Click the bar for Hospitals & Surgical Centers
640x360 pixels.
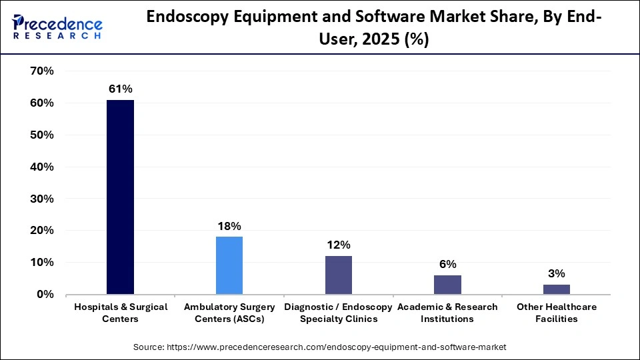point(120,197)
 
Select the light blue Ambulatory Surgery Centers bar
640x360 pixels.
point(229,265)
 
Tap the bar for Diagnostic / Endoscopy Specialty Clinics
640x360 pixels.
point(339,275)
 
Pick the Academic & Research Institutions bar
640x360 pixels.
point(447,285)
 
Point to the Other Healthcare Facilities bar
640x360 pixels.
point(557,289)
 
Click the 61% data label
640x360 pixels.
point(120,89)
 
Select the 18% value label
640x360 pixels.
point(229,226)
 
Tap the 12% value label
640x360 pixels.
point(339,245)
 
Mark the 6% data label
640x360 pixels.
point(447,264)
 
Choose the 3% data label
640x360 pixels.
point(557,273)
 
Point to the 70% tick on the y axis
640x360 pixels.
point(42,71)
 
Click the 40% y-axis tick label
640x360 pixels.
point(42,167)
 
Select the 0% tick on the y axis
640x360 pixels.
point(45,294)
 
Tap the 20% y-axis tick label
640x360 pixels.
point(42,231)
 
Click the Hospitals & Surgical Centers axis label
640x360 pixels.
point(120,313)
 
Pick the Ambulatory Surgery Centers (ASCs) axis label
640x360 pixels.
point(229,313)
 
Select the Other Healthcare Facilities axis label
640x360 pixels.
point(557,313)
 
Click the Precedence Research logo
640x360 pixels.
point(57,27)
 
